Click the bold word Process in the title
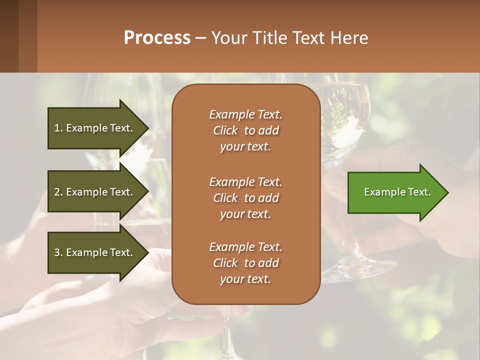[157, 38]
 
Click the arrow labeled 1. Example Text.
[95, 128]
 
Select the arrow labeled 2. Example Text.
[95, 192]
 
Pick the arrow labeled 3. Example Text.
[95, 252]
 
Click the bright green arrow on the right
[395, 192]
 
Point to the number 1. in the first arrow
[58, 128]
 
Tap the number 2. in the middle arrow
[58, 192]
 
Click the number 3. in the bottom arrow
[58, 252]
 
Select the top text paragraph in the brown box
[245, 130]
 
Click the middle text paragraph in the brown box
[245, 198]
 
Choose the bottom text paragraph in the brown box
[245, 263]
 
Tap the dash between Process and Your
[200, 38]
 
